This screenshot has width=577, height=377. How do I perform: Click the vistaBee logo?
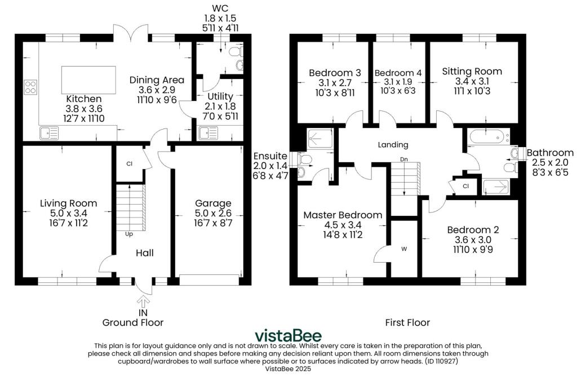pyautogui.click(x=288, y=335)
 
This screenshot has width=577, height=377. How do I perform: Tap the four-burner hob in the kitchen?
pyautogui.click(x=30, y=87)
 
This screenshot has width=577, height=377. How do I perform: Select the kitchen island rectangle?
pyautogui.click(x=88, y=80)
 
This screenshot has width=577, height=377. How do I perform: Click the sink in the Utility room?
pyautogui.click(x=208, y=133)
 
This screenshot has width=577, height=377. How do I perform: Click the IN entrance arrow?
pyautogui.click(x=143, y=301)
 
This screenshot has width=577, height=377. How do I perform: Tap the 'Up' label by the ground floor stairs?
pyautogui.click(x=129, y=234)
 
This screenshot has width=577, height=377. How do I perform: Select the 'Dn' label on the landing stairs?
pyautogui.click(x=404, y=159)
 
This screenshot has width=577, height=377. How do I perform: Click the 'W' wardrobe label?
pyautogui.click(x=404, y=249)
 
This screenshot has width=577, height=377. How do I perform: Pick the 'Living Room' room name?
pyautogui.click(x=68, y=203)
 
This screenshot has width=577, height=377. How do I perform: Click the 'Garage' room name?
pyautogui.click(x=213, y=203)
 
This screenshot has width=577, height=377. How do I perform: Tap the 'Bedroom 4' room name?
pyautogui.click(x=398, y=73)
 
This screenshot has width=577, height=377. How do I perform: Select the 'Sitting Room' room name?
pyautogui.click(x=472, y=72)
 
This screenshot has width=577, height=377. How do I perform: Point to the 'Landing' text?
pyautogui.click(x=393, y=145)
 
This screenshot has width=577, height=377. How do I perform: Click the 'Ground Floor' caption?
pyautogui.click(x=133, y=322)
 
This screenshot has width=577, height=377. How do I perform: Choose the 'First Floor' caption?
pyautogui.click(x=407, y=322)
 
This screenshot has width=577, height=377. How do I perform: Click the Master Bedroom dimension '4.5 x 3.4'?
pyautogui.click(x=343, y=225)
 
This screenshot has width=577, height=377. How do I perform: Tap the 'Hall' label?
pyautogui.click(x=145, y=253)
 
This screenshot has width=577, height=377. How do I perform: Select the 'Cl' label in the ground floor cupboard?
pyautogui.click(x=129, y=164)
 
